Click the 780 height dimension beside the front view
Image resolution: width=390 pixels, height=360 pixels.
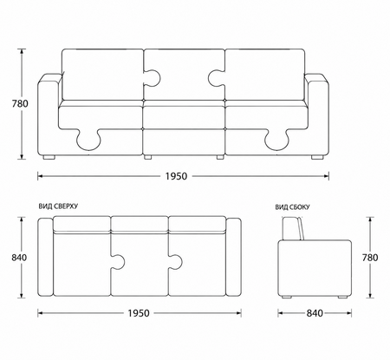[20, 103]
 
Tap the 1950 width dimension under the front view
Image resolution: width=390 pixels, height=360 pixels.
[176, 176]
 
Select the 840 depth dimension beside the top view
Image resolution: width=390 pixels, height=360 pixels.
[19, 258]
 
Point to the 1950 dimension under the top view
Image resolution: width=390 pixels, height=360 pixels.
[139, 313]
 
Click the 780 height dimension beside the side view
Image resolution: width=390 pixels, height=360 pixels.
[370, 258]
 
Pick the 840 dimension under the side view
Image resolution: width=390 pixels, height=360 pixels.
[315, 313]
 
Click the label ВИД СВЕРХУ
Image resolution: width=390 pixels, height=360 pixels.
[58, 206]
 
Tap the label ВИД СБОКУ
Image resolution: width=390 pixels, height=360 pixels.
[292, 207]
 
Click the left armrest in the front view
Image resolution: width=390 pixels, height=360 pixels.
[49, 115]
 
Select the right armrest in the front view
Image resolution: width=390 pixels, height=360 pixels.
[317, 115]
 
